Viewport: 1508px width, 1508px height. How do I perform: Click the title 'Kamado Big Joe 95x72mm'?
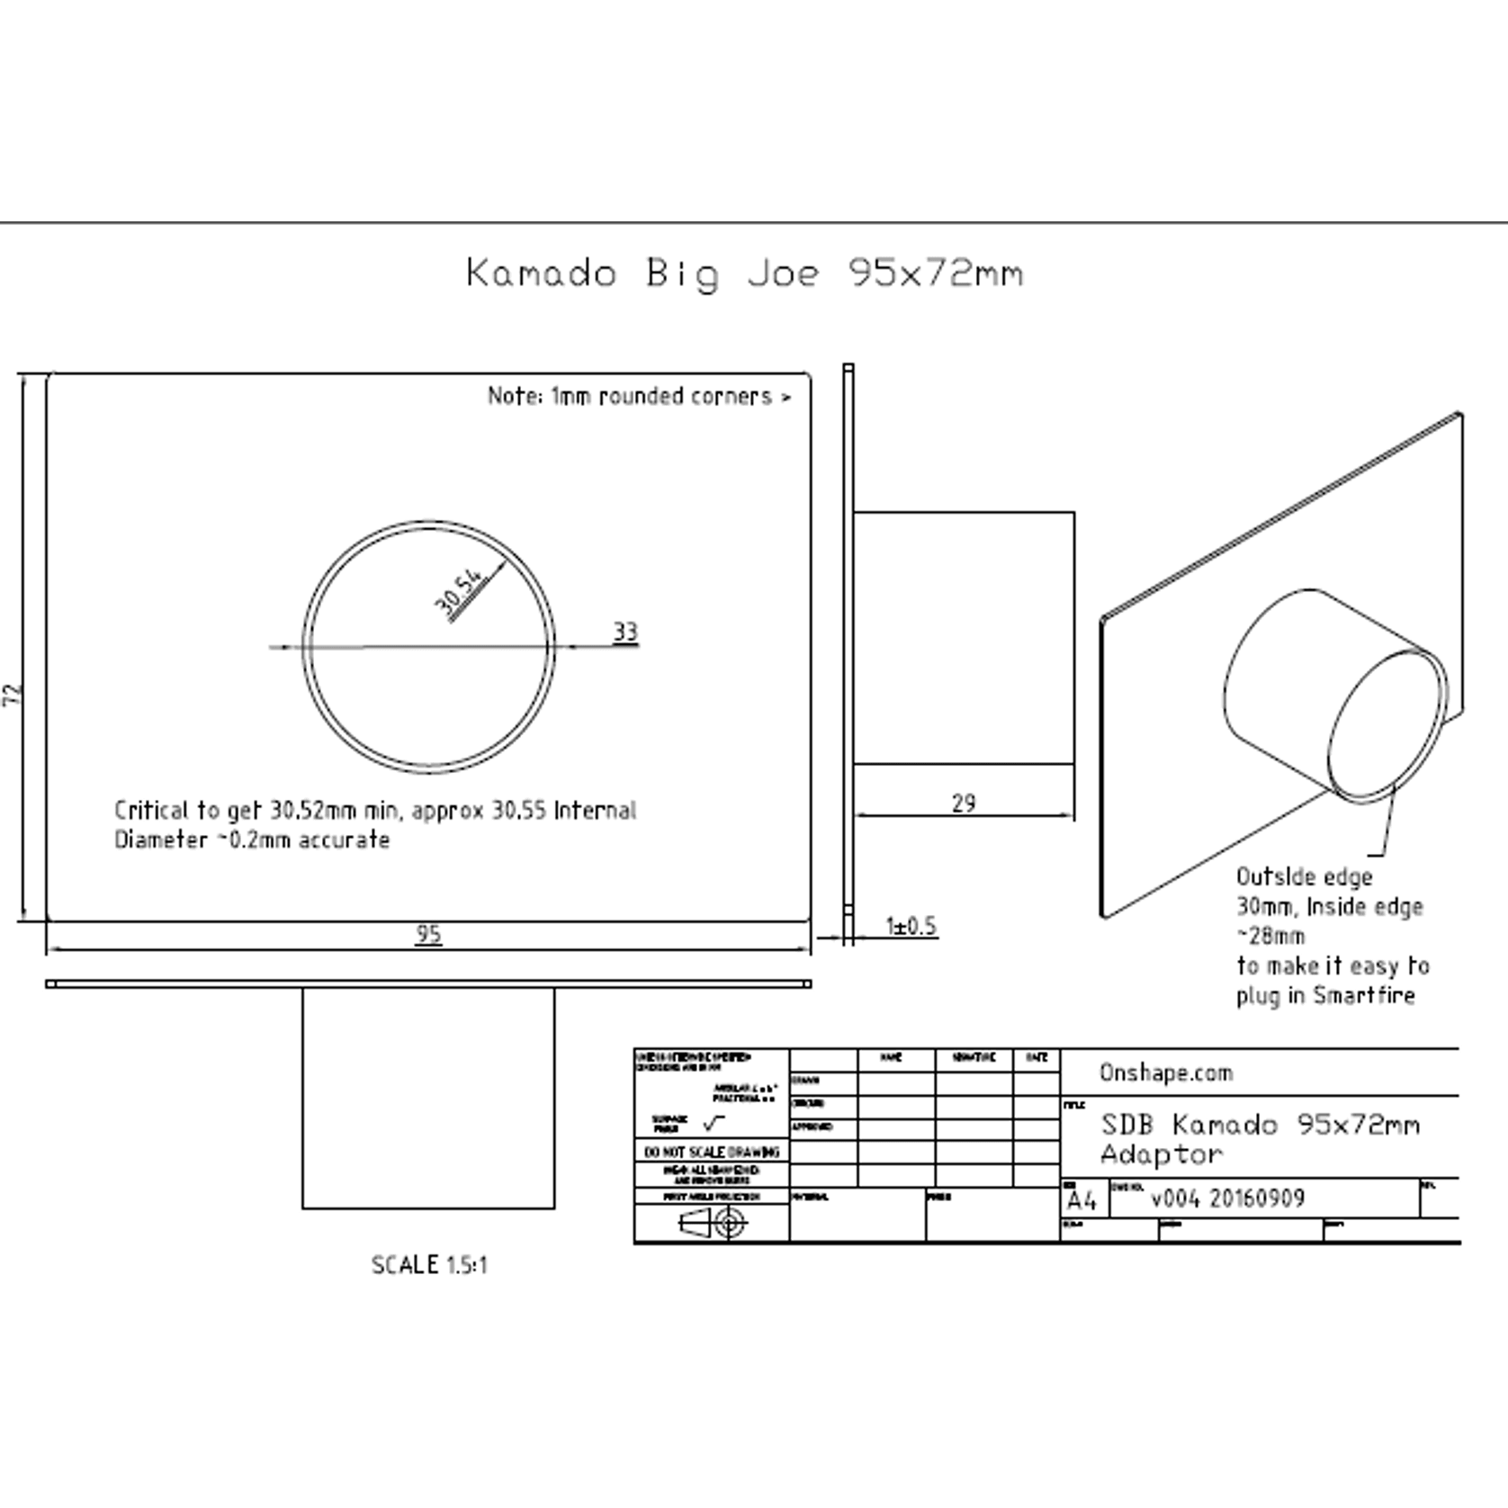click(744, 273)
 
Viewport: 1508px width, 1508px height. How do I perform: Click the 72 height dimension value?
click(13, 694)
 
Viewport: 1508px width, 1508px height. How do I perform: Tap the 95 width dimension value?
click(428, 934)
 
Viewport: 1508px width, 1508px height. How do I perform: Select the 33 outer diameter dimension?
click(625, 632)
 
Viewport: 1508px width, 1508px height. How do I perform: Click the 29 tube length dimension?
click(963, 803)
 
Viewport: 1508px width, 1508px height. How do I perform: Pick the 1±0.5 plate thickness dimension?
click(911, 926)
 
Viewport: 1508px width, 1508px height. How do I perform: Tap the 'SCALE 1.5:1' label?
click(429, 1265)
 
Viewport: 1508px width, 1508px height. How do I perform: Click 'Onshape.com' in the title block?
click(1165, 1073)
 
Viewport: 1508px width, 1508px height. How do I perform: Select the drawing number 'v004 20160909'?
click(1227, 1198)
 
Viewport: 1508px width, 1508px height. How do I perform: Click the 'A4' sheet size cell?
click(1082, 1201)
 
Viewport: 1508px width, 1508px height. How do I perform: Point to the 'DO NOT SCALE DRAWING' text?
click(712, 1152)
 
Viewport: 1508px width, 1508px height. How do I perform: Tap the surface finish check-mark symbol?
click(714, 1123)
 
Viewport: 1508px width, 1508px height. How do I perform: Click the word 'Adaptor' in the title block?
click(1161, 1154)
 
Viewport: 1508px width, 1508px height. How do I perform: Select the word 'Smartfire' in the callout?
click(1363, 995)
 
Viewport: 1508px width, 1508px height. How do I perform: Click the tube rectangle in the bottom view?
click(428, 1098)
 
